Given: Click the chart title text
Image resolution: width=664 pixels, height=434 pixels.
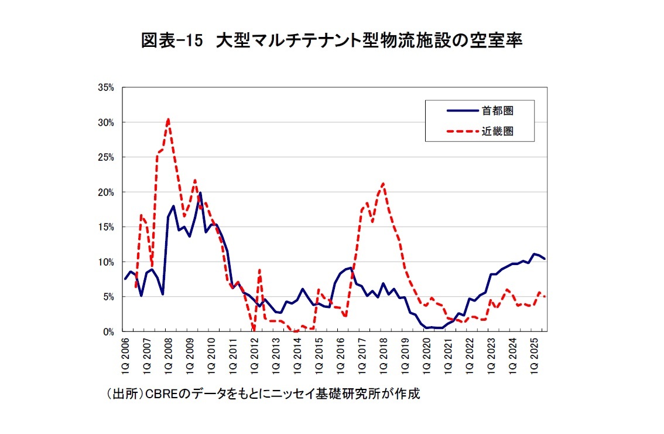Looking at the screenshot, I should coord(331,42).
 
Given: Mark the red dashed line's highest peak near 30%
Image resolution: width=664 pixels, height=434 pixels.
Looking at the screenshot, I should coord(168,119).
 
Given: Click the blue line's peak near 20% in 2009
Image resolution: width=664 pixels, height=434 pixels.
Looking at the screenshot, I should coord(200,193).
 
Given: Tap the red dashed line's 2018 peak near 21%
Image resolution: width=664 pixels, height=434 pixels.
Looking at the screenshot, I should coord(382,184).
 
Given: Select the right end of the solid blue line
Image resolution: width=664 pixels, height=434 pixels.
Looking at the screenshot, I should coord(545,259).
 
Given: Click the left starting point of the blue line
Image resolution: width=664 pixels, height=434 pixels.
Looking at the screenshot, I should coord(125,279).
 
